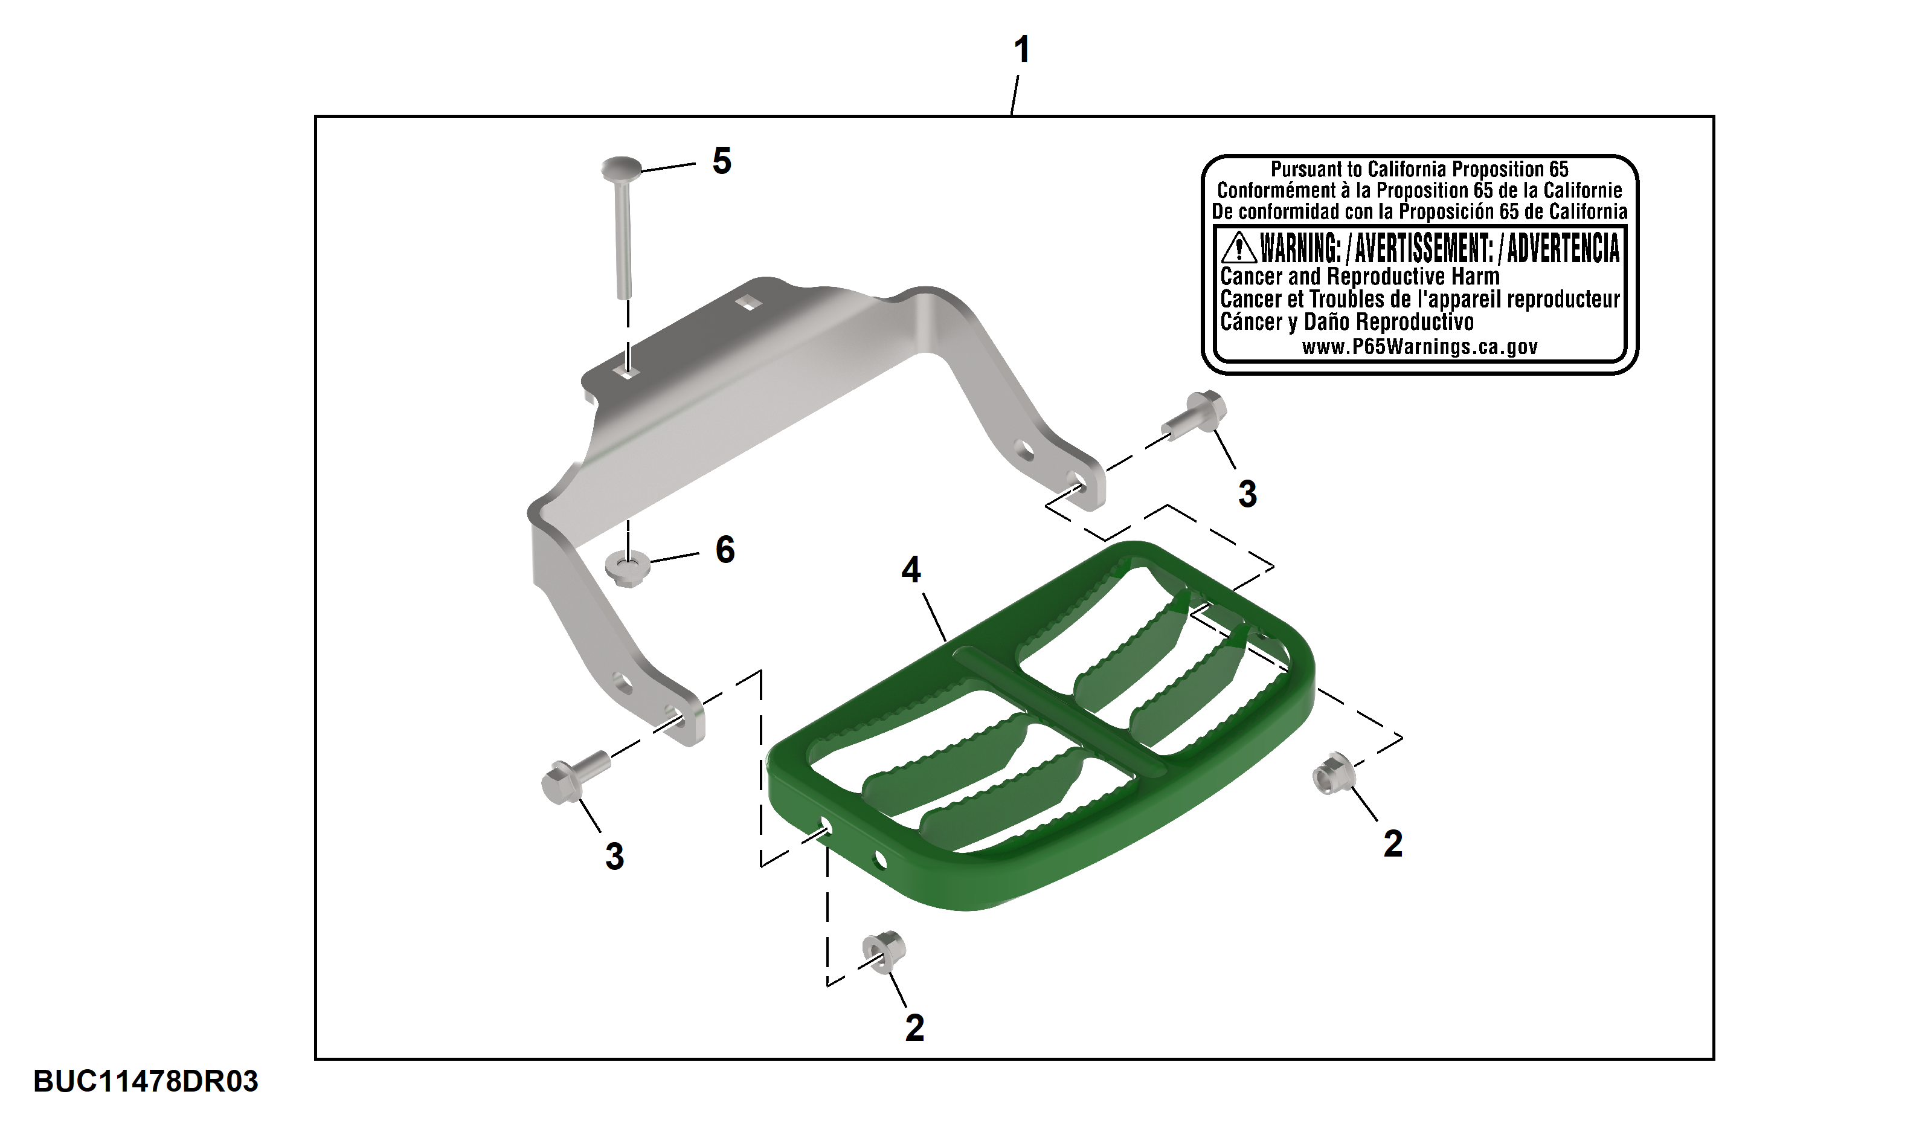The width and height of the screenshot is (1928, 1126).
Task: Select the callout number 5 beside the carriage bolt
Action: [x=721, y=161]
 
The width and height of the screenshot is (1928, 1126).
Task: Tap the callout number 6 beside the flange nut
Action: [x=725, y=549]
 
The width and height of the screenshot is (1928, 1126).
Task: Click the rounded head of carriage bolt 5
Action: [x=622, y=167]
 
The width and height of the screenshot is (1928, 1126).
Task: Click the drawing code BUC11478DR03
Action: [x=146, y=1081]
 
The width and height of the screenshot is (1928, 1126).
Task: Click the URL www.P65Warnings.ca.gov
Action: [x=1419, y=347]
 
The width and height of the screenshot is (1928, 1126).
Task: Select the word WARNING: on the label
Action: [x=1300, y=248]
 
